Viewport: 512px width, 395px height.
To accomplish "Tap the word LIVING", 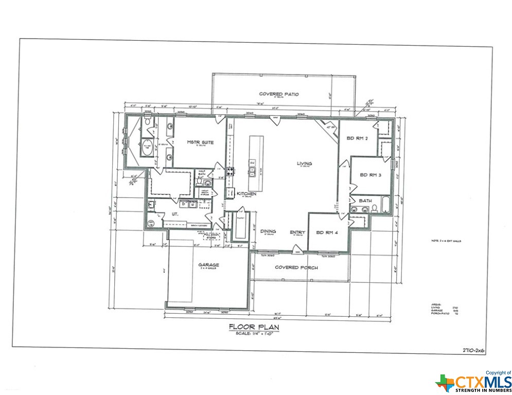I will click(304, 164).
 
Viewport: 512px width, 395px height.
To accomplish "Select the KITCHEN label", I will click(246, 193).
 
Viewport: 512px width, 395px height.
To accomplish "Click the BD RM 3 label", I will click(370, 175).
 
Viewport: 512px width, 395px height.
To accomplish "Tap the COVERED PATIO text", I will click(279, 94).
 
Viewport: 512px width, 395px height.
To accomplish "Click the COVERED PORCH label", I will click(296, 267).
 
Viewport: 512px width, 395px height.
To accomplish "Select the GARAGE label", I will click(209, 265).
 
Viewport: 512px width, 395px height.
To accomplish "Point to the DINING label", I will click(268, 231).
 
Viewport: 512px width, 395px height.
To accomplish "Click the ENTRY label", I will click(297, 232).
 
